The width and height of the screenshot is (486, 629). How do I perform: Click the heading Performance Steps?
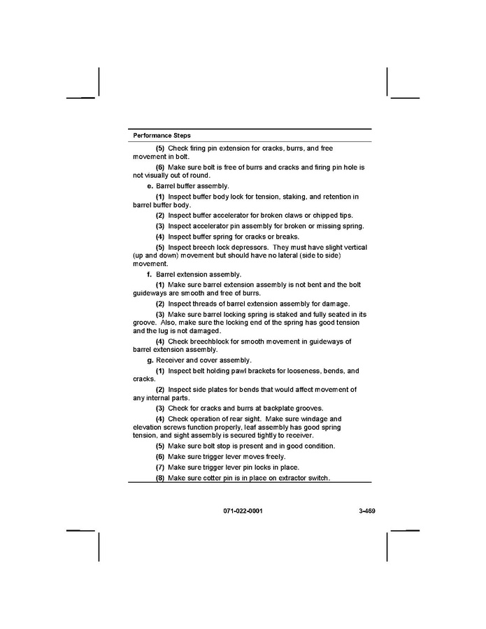click(162, 135)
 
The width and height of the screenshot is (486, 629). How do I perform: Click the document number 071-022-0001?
click(243, 511)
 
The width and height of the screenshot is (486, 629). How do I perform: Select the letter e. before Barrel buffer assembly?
click(150, 186)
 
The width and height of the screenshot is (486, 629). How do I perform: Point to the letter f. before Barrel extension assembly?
click(149, 274)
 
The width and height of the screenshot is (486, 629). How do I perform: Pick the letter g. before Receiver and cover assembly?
click(150, 360)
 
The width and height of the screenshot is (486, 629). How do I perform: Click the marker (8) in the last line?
click(160, 478)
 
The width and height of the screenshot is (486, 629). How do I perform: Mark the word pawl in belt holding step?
click(245, 371)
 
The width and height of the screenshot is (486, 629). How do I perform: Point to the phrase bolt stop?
click(213, 446)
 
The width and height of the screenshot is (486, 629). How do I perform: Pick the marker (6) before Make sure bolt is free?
click(160, 167)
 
